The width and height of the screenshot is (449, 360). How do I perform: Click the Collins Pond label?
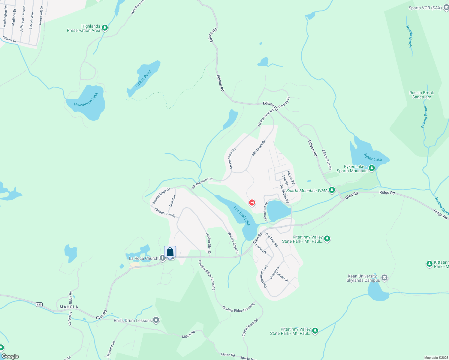[143, 79]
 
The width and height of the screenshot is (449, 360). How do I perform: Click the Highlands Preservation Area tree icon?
[105, 28]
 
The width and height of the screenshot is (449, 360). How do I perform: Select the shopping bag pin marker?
[170, 252]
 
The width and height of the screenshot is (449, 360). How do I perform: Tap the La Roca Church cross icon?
[163, 258]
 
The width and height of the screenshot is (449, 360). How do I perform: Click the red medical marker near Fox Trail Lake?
[252, 203]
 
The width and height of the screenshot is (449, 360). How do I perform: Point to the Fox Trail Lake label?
[242, 215]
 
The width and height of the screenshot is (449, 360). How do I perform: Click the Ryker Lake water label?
[373, 157]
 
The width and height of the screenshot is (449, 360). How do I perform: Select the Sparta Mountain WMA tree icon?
[332, 190]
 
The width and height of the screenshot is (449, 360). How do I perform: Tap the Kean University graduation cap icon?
[384, 278]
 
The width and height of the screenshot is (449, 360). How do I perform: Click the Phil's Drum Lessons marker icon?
[156, 320]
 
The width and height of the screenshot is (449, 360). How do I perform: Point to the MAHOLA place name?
[69, 307]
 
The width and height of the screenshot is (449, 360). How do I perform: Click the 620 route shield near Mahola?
[39, 304]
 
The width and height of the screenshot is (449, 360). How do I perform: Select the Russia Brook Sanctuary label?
[421, 95]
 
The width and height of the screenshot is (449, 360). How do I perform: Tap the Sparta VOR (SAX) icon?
[446, 8]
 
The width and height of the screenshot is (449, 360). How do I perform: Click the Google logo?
[10, 356]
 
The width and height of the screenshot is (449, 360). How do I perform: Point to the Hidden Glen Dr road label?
[208, 244]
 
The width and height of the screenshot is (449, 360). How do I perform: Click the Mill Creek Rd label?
[259, 148]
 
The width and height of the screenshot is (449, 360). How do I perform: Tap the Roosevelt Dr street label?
[41, 16]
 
